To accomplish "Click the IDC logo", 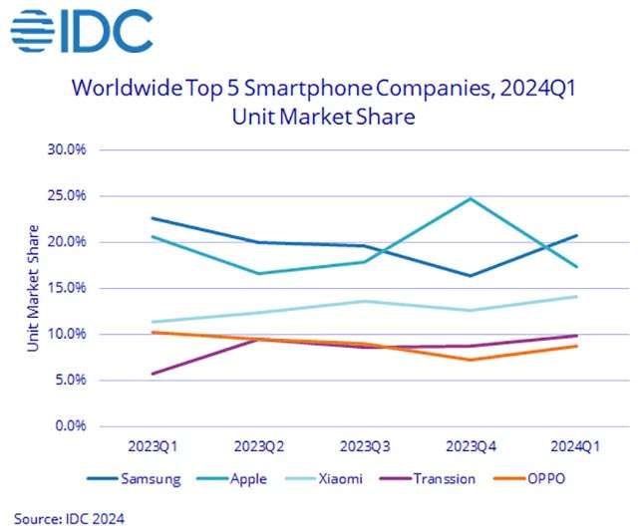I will coord(82,33).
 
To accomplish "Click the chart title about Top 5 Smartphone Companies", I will coord(324,103).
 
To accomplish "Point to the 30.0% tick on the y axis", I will coord(67,149).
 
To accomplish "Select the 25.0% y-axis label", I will coord(67,195).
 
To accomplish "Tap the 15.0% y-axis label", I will coord(67,288).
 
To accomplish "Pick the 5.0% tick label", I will coord(69,380).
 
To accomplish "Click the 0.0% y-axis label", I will coord(69,425).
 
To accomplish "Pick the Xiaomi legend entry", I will coord(339,478).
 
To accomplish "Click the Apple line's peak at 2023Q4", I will coord(471,198).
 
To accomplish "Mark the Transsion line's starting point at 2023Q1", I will coord(152,374).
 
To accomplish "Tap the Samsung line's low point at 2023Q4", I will coord(471,276).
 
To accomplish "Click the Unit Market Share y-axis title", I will coord(33,288).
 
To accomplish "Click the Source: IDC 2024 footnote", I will coord(70,518).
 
